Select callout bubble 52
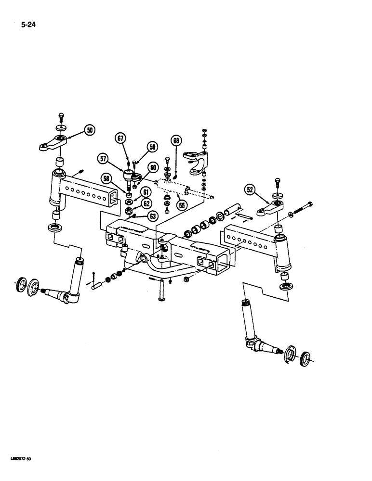[250, 190]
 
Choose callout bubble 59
[153, 147]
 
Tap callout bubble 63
[153, 216]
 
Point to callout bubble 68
[176, 141]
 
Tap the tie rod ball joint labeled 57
[129, 177]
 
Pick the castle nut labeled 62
[129, 211]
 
